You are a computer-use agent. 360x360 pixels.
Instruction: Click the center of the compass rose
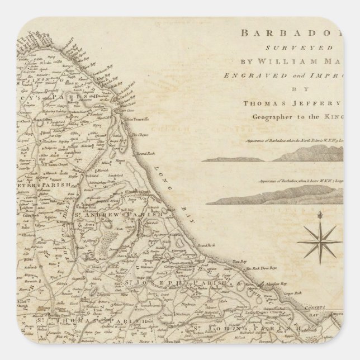(320, 240)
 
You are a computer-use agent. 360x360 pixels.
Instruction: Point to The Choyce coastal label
(143, 134)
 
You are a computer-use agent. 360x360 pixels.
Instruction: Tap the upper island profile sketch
(280, 159)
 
